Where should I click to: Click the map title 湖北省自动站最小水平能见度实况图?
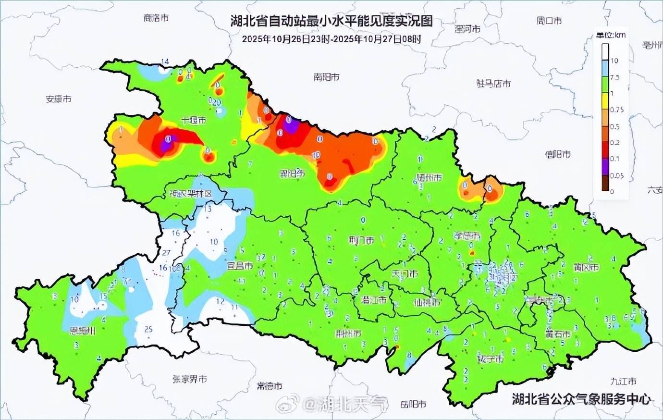pos(331,21)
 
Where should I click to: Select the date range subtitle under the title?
pos(331,39)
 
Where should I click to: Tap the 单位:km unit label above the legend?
pos(611,35)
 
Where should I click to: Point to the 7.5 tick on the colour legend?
pos(614,77)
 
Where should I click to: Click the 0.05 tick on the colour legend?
pos(616,176)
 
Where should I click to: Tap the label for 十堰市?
pos(194,120)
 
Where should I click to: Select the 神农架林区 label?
pos(190,194)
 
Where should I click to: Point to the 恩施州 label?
pos(83,331)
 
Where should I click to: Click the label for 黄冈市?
pos(586,267)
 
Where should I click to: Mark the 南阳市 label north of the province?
pos(326,77)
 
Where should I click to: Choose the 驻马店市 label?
pos(493,84)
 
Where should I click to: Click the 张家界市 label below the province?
pos(190,379)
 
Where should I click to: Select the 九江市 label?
pos(623,381)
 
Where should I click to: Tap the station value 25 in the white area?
pos(149,329)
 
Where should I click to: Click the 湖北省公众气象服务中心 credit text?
pos(581,399)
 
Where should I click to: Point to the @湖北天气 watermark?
pos(331,404)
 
